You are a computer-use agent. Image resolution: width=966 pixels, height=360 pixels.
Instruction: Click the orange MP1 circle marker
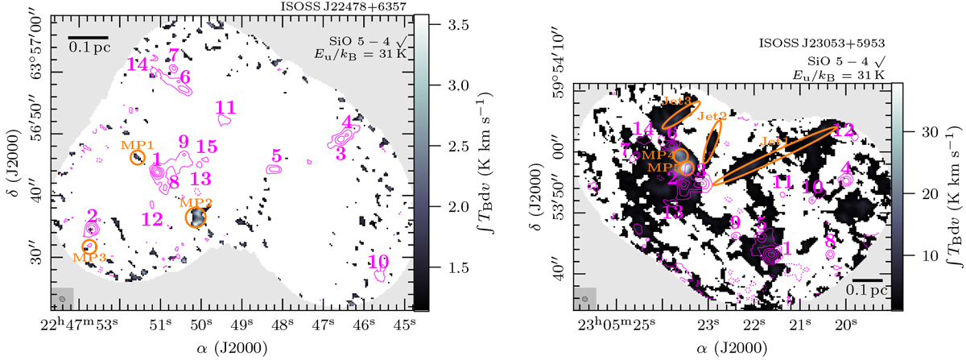[137, 158]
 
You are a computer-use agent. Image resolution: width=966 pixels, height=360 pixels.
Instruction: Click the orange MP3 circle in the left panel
[89, 245]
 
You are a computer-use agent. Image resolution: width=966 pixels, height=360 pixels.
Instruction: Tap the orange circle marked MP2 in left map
[196, 217]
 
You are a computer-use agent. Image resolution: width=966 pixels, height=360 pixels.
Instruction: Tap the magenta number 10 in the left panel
[379, 261]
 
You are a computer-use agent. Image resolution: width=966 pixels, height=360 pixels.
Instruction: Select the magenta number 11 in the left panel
[226, 107]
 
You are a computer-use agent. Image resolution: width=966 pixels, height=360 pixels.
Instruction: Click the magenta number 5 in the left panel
[276, 155]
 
